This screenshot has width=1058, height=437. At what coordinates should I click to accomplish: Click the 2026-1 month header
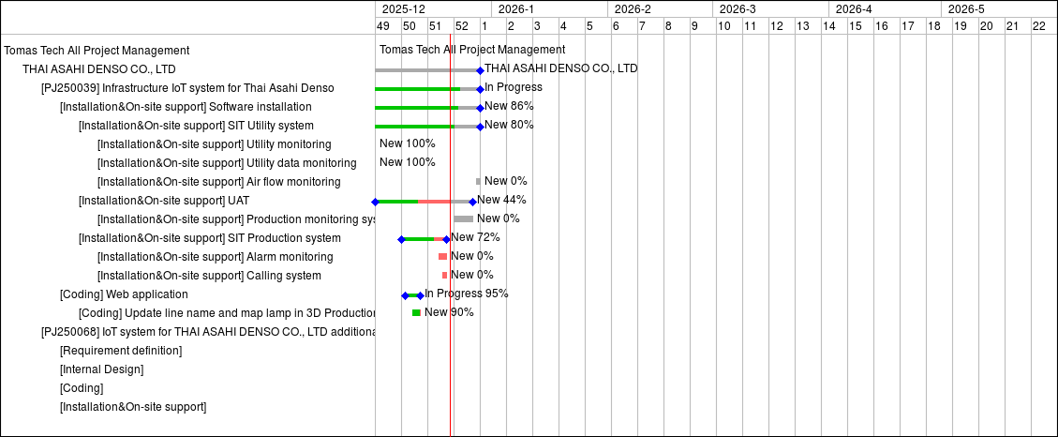(516, 9)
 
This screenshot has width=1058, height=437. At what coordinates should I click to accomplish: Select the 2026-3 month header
(738, 9)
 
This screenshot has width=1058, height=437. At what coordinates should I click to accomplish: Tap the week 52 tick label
(461, 26)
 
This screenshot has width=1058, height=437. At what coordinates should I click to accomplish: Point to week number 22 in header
(1038, 26)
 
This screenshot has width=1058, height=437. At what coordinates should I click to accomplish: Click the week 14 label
(828, 26)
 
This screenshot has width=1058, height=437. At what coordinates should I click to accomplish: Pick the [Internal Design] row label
(101, 369)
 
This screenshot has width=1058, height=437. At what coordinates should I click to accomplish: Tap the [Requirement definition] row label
(121, 351)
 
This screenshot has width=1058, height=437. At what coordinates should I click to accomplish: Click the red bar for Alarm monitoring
(442, 256)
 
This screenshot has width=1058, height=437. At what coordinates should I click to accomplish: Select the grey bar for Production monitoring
(464, 218)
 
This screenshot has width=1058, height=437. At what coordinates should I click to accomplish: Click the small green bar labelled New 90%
(416, 312)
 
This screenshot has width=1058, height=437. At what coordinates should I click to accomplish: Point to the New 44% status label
(501, 200)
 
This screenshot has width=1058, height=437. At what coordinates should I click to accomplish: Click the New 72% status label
(475, 237)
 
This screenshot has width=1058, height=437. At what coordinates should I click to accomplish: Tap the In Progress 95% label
(467, 294)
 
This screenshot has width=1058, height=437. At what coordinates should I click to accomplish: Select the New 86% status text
(509, 106)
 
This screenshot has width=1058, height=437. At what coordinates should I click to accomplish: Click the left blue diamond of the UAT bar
(375, 202)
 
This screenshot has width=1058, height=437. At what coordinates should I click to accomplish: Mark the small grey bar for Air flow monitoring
(478, 181)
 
